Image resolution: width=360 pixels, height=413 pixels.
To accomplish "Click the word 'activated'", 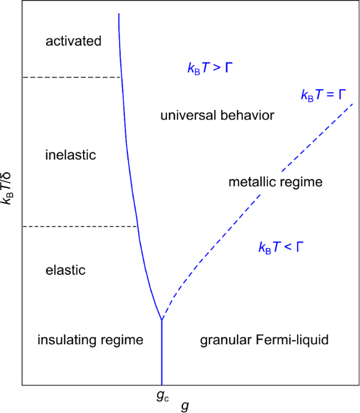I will point(74,41).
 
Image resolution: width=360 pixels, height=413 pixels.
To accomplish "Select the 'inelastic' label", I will point(71,155).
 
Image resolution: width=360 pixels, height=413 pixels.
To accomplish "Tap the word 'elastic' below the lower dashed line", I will point(66,270).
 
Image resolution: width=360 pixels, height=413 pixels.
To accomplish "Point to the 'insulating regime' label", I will point(90,340).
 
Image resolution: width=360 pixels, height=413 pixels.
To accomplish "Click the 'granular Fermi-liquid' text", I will point(264,340).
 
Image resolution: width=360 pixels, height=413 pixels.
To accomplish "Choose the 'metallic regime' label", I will point(276,182).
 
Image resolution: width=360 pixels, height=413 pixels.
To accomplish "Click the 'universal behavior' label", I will point(217,115).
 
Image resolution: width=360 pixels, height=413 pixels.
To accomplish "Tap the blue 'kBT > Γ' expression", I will point(210,68).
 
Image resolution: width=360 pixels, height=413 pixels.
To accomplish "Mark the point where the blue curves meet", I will point(161,321).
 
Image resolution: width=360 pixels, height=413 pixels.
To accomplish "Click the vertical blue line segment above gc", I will point(161,353).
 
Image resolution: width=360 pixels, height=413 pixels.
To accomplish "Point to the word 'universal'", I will point(184,115).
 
